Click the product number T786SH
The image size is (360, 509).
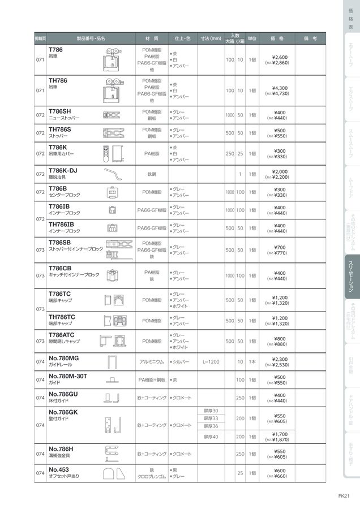pos(60,111)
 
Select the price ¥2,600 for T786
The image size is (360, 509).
pos(280,57)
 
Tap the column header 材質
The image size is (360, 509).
pos(151,38)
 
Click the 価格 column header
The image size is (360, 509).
pos(277,38)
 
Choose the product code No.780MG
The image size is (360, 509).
pos(64,358)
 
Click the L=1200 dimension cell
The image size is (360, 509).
pos(211,361)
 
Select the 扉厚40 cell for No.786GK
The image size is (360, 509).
pos(211,437)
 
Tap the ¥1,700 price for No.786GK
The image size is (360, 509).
pos(280,434)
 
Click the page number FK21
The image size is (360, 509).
pos(344,496)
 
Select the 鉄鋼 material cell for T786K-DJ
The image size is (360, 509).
pos(151,174)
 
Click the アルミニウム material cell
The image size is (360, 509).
pos(151,361)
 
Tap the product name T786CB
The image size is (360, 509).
pos(60,268)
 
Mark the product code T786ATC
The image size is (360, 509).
pos(62,335)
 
